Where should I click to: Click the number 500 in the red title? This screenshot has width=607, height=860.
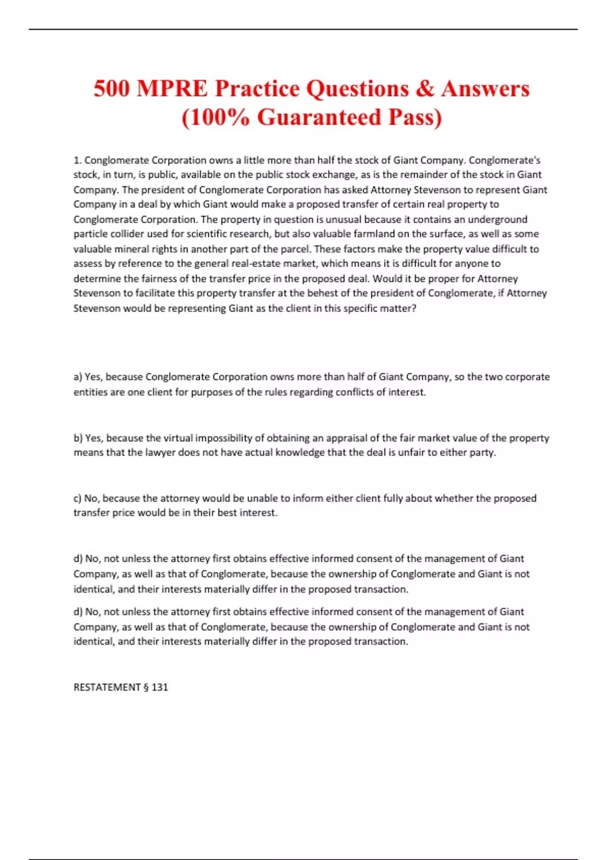[x=112, y=89]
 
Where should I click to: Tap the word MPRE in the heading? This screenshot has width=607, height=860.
[x=172, y=89]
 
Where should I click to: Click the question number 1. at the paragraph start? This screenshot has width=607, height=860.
[x=77, y=160]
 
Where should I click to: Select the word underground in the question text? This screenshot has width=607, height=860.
[x=498, y=219]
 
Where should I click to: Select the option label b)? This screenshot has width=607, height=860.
[x=78, y=438]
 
